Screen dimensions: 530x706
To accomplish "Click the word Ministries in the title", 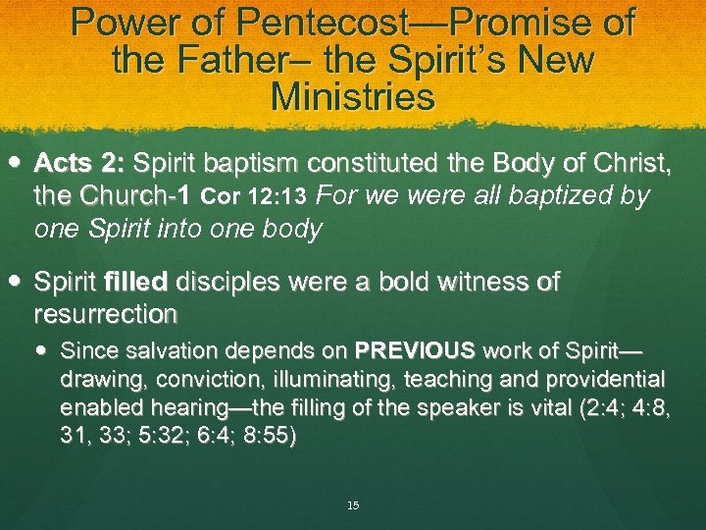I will [x=352, y=97].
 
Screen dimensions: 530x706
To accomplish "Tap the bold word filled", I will [x=136, y=283].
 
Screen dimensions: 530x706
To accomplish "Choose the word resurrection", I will [x=105, y=314].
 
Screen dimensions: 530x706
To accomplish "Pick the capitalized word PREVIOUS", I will [x=415, y=349].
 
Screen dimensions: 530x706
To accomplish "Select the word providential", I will [x=606, y=379].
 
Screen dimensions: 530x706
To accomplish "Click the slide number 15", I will [x=353, y=505].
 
